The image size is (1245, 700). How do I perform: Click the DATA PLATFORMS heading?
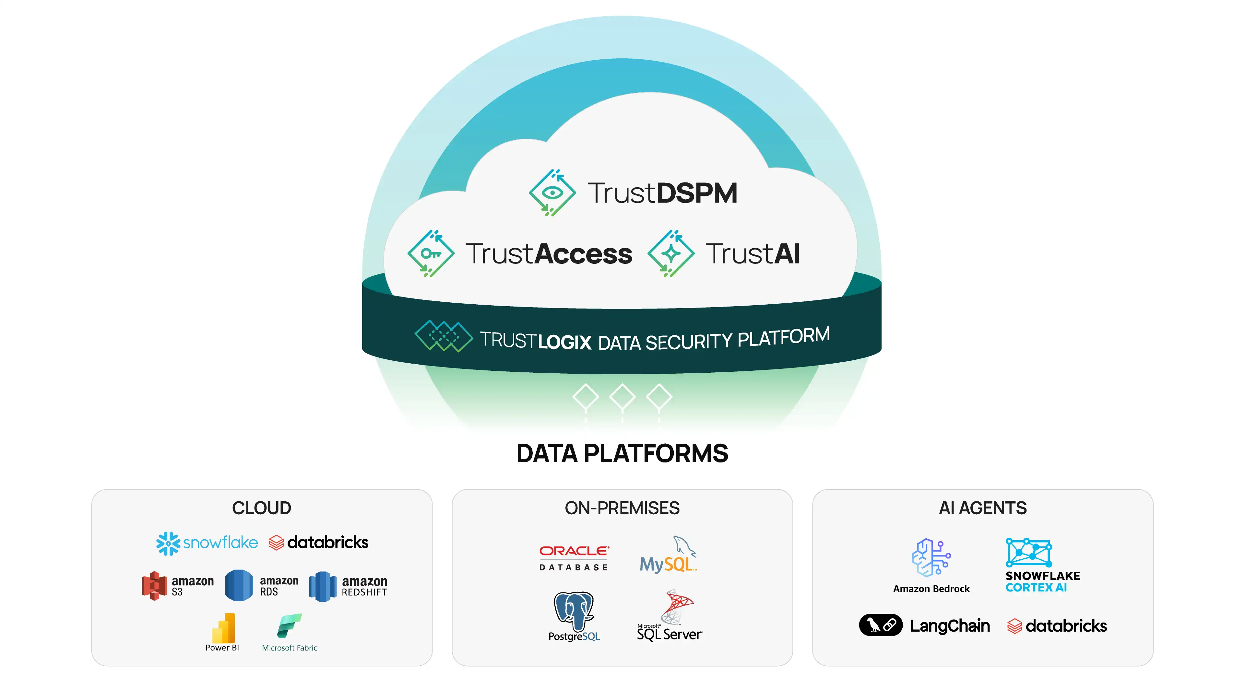622,454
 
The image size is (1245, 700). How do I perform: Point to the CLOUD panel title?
261,508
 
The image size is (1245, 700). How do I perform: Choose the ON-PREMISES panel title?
622,508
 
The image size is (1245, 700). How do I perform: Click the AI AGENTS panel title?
983,508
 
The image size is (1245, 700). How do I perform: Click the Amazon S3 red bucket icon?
154,586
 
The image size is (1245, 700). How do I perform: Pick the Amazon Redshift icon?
322,586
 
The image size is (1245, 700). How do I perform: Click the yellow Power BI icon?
223,628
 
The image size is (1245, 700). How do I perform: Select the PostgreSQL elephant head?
573,610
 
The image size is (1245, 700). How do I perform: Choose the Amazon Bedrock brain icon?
931,557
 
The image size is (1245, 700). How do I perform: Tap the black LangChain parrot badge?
880,625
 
